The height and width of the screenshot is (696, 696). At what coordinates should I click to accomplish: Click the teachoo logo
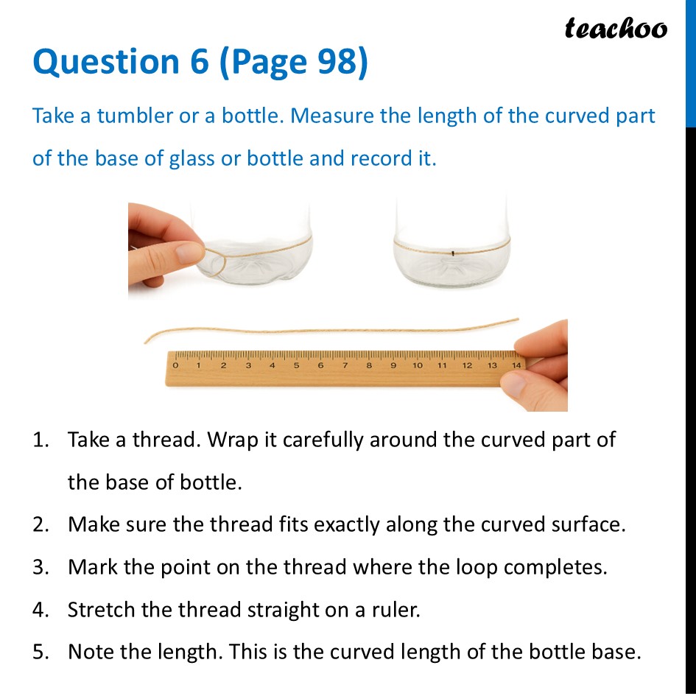pos(616,28)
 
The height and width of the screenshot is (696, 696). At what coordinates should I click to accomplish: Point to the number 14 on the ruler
pos(516,365)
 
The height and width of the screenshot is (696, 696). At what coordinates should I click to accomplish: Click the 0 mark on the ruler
pos(175,365)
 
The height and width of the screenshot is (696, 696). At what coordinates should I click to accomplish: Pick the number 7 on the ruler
pos(345,365)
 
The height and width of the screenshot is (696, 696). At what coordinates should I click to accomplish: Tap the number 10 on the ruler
pos(418,365)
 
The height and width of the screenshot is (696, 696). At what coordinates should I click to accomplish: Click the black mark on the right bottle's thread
pos(454,253)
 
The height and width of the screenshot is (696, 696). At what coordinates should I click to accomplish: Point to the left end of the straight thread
pos(147,340)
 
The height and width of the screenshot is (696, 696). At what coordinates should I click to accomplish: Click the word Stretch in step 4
pos(97,610)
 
